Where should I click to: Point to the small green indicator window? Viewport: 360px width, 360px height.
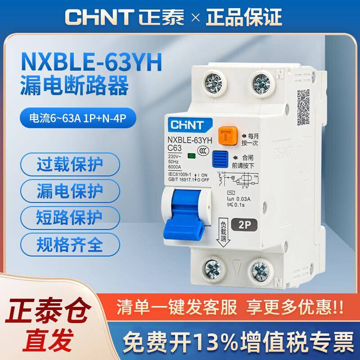pos(191,157)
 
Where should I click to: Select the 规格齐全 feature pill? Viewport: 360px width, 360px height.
pos(70,245)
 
